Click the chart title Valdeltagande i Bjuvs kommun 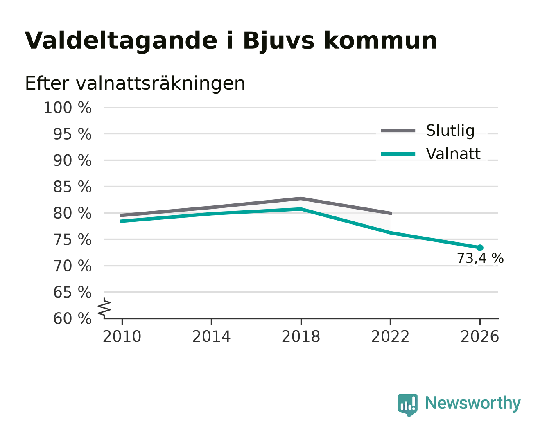pos(231,41)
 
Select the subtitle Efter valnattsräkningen pos(135,83)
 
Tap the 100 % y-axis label pos(68,108)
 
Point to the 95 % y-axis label pos(72,134)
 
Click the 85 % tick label pos(72,187)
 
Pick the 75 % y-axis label pos(72,240)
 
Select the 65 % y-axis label pos(72,292)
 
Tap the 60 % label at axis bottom pos(72,319)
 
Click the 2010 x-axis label pos(122,336)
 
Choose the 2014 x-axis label pos(211,336)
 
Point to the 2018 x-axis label pos(301,336)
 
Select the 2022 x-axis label pos(390,336)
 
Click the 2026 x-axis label pos(480,336)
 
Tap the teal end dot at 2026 pos(480,248)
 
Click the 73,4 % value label pos(480,258)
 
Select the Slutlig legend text pos(450,131)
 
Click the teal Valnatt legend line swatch pos(398,154)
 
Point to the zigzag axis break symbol pos(104,308)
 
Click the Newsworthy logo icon pos(407,406)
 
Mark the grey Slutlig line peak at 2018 pos(301,198)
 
